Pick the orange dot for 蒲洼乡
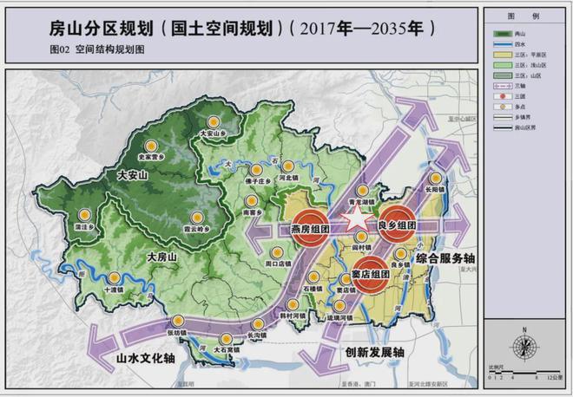(84, 216)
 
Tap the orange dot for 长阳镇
(435, 184)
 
